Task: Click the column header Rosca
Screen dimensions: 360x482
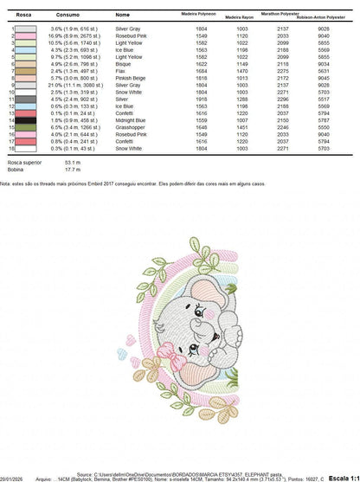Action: click(x=18, y=16)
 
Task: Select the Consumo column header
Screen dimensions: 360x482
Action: click(x=67, y=16)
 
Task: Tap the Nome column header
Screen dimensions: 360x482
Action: click(x=123, y=16)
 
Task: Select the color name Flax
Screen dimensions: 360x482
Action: click(x=122, y=72)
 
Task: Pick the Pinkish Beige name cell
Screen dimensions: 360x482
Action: click(x=130, y=79)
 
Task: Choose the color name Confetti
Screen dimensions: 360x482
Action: click(x=125, y=113)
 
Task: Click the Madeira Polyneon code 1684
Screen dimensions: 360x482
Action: click(x=202, y=72)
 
